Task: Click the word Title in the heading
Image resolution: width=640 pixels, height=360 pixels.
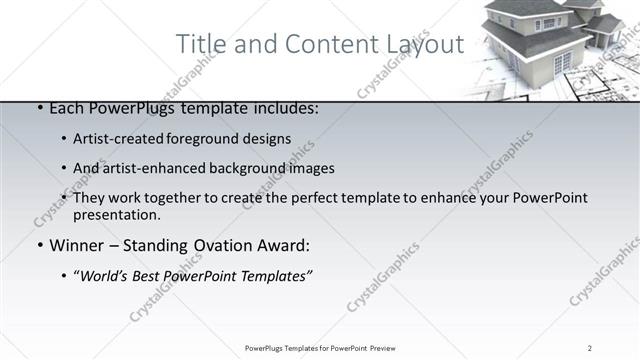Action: tap(200, 45)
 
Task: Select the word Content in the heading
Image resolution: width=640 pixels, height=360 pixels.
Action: tap(319, 45)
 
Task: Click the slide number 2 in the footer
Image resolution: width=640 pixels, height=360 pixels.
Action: tap(590, 348)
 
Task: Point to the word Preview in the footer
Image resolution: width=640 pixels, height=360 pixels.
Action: tap(379, 348)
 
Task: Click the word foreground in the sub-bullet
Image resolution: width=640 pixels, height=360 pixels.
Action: tap(209, 139)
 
